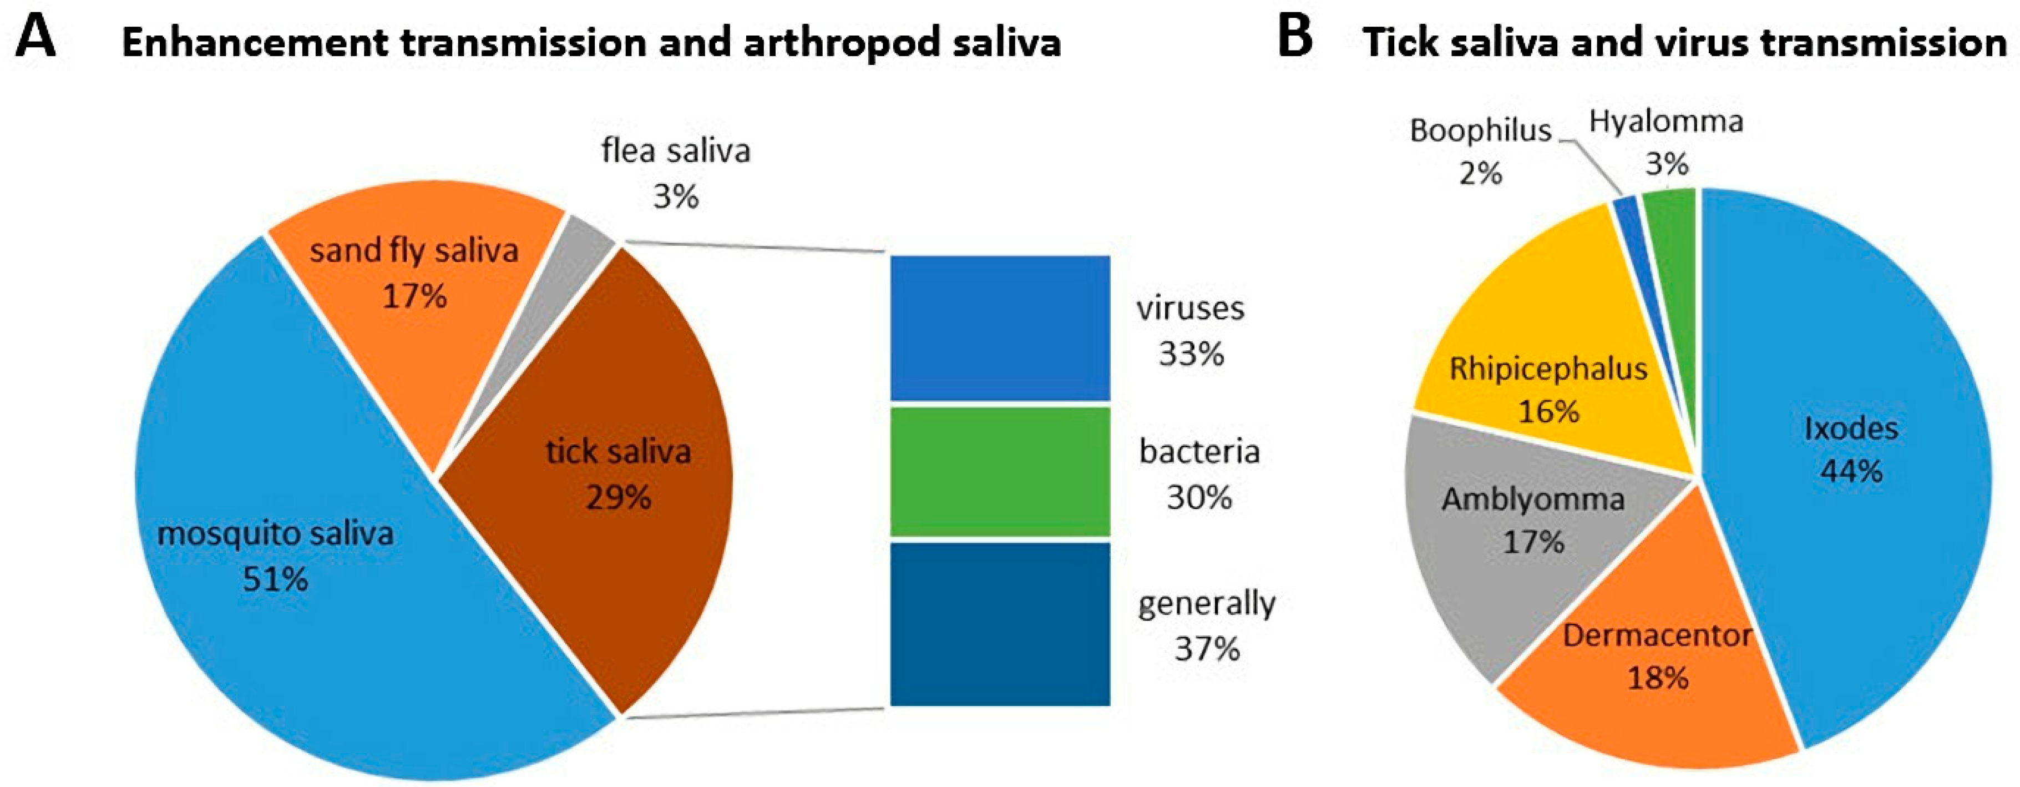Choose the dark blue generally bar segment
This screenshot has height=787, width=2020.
[1000, 624]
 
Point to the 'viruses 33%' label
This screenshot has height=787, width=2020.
[1191, 330]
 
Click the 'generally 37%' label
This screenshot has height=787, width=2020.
[1206, 625]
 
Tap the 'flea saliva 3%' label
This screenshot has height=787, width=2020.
[675, 173]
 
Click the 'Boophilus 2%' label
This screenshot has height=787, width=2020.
[1481, 152]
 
